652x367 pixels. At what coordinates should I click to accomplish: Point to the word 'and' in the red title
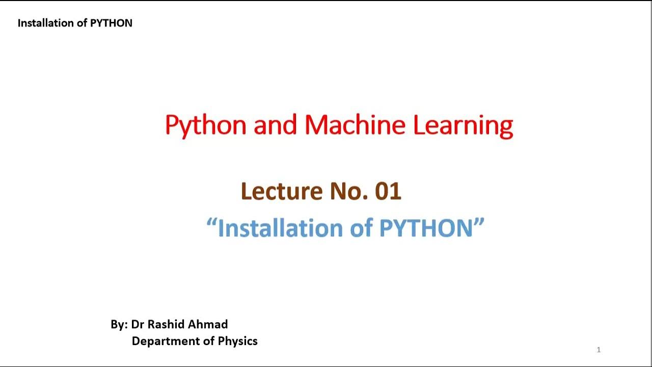point(275,124)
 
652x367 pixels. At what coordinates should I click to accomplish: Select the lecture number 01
point(388,191)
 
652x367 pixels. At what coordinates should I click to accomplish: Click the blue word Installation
point(281,228)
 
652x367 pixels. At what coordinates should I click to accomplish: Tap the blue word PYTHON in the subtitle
point(426,228)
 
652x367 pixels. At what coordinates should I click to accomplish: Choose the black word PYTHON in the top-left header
point(111,23)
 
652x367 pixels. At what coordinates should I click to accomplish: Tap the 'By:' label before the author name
point(119,325)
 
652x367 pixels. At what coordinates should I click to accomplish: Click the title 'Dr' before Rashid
point(138,325)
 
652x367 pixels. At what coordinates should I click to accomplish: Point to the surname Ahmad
point(209,325)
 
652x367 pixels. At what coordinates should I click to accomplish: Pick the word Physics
point(237,342)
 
